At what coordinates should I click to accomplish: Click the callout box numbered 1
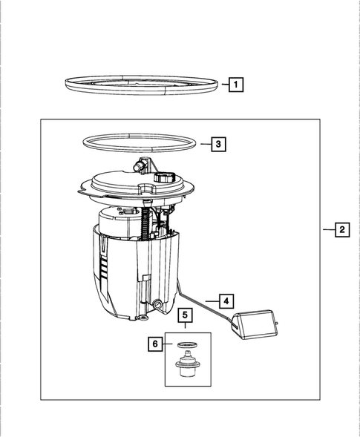[x=235, y=85]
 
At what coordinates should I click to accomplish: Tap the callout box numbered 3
[x=217, y=145]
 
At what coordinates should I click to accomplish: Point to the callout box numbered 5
[x=186, y=316]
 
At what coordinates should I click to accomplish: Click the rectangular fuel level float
[x=252, y=326]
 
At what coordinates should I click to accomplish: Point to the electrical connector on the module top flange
[x=165, y=179]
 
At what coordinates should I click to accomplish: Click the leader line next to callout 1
[x=223, y=85]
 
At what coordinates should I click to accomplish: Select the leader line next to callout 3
[x=204, y=145]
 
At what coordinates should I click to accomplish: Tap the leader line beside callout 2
[x=327, y=230]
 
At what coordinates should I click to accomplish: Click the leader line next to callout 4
[x=212, y=300]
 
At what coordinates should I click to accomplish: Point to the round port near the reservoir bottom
[x=158, y=304]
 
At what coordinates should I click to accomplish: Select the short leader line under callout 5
[x=186, y=328]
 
